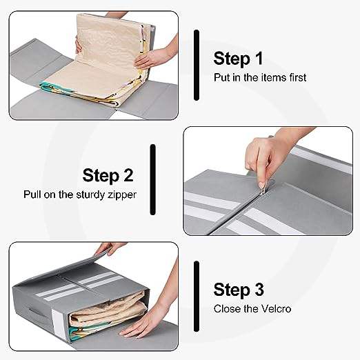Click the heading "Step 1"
pos(238,59)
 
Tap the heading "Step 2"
pos(108,176)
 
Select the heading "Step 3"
pos(239,290)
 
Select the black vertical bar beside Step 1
pos(197,65)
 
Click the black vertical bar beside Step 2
pos(152,179)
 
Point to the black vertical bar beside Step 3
pos(197,297)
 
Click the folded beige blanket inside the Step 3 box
pos(108,306)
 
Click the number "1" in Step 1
pos(259,58)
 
